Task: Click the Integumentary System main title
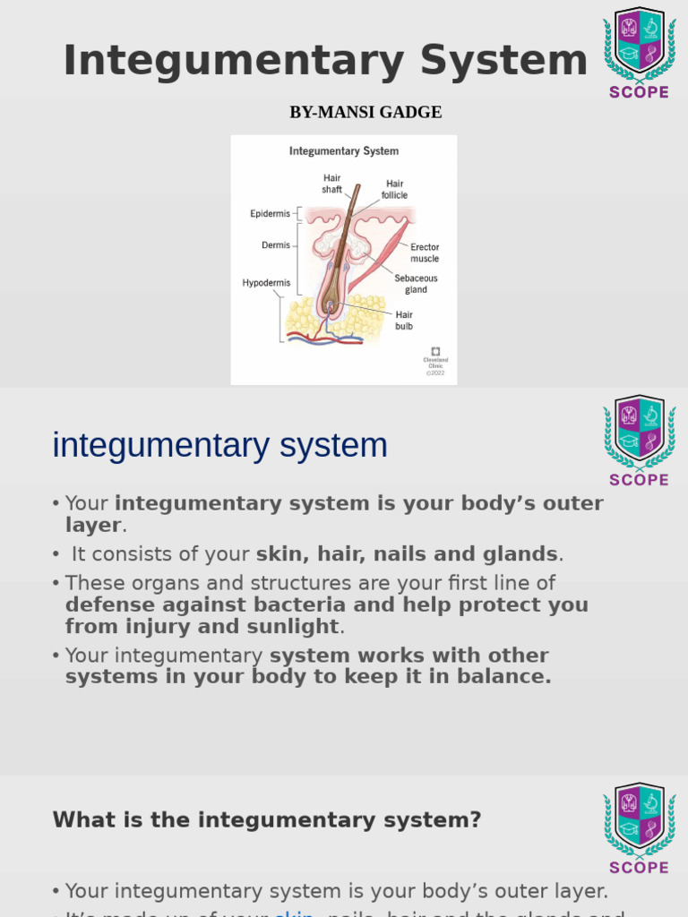325,61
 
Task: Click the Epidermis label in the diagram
270,214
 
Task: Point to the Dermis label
275,244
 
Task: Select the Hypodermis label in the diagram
266,283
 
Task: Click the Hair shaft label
331,184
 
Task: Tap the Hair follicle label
395,189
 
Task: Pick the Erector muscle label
425,253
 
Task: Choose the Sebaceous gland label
416,284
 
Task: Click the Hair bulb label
404,320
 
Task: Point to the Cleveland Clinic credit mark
435,360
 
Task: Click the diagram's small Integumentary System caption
344,151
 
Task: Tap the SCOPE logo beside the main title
640,52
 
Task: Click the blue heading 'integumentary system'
220,445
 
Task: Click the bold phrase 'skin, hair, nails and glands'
407,553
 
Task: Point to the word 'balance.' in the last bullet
509,676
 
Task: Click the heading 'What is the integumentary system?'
267,819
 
